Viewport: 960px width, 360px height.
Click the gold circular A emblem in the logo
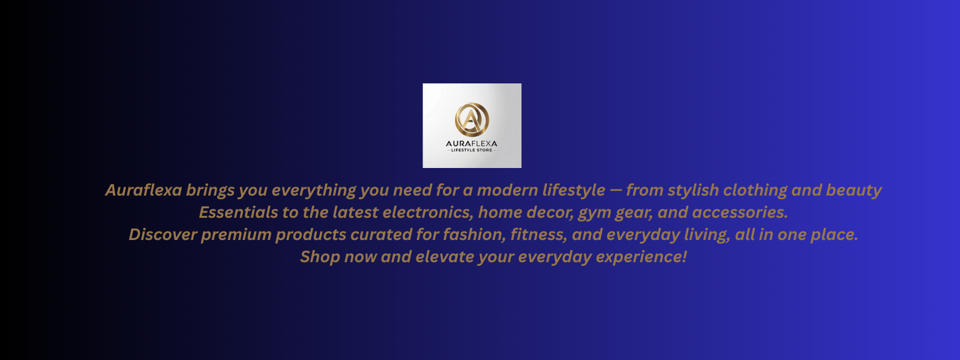tap(472, 119)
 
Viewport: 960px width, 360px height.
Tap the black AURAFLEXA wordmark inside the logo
tap(472, 143)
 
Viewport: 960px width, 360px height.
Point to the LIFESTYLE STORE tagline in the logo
tap(472, 151)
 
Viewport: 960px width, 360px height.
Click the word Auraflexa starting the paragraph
tap(144, 190)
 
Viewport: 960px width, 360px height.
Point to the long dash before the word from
tap(616, 190)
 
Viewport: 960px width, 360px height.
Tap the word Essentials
tap(238, 212)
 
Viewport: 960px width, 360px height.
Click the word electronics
tap(428, 212)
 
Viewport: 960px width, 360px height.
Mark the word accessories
tap(740, 212)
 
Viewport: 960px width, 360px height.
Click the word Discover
tap(163, 235)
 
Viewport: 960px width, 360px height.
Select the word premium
tap(236, 235)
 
